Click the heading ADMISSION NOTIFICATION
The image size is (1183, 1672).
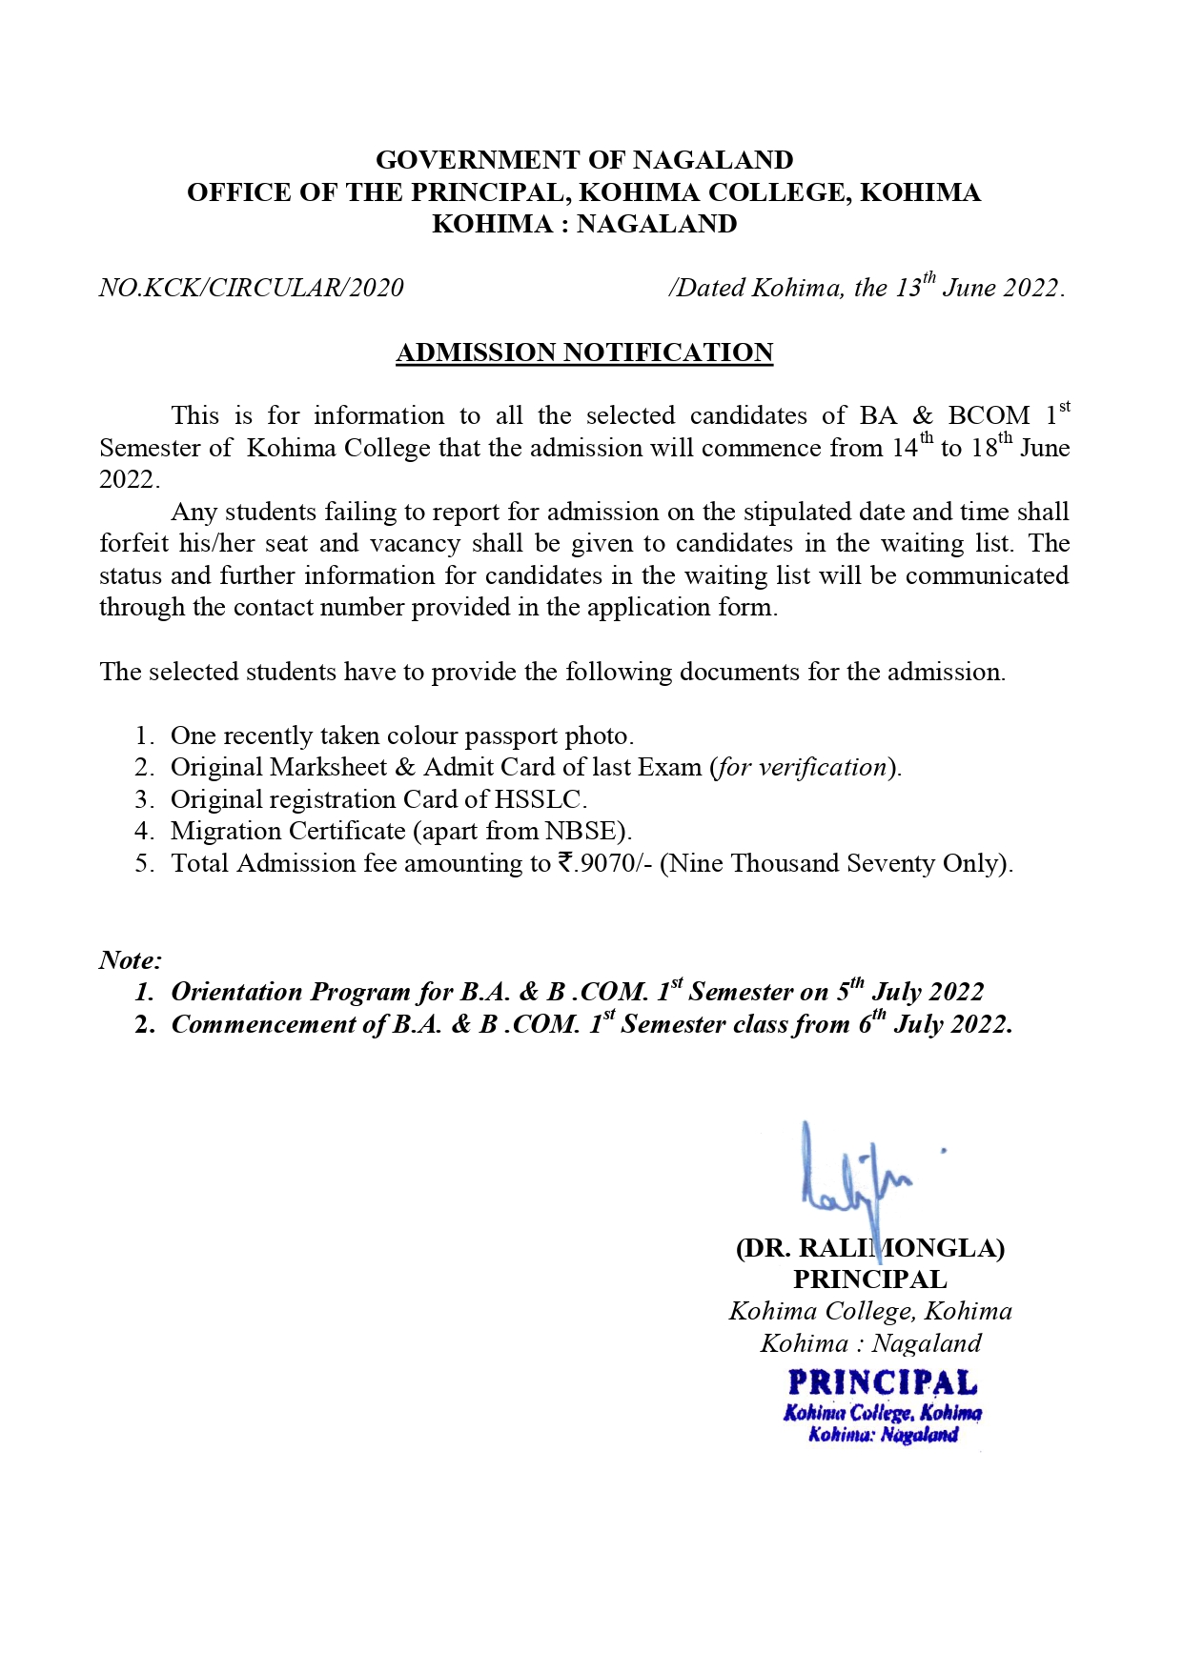point(584,353)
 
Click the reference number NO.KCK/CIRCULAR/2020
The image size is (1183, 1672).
point(252,288)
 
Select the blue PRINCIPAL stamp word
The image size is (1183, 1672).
point(883,1382)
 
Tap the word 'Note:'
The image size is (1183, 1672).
point(131,960)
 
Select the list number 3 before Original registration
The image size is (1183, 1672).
point(142,799)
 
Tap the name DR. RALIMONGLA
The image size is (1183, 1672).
point(869,1248)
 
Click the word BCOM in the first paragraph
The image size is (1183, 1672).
point(989,416)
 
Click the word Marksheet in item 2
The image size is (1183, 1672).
point(328,768)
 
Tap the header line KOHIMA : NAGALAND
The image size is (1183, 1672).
point(584,225)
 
